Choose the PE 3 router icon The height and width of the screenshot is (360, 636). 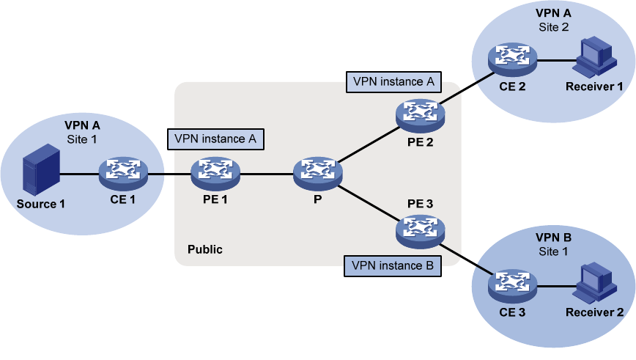pyautogui.click(x=418, y=231)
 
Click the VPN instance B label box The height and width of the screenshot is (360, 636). pyautogui.click(x=393, y=265)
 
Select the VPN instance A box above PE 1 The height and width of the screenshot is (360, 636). pyautogui.click(x=215, y=137)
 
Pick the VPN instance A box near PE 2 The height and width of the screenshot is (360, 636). pyautogui.click(x=393, y=81)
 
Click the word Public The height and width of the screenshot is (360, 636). pyautogui.click(x=205, y=249)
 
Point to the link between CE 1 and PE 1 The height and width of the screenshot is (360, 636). pyautogui.click(x=169, y=175)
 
